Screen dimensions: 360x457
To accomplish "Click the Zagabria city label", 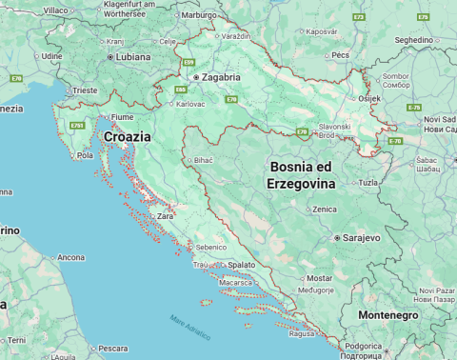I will point(221,77).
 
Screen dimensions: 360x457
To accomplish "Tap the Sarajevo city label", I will point(362,237).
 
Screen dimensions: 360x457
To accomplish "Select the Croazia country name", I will point(127,137).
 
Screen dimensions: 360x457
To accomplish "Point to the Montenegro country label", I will point(387,315).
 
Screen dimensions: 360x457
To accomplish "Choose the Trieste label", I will point(85,90).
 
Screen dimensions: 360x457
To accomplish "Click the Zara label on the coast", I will point(166,216).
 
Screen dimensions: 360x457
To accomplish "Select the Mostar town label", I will point(320,278).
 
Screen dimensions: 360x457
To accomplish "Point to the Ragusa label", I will point(302,334).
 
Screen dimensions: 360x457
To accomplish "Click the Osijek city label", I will point(368,98).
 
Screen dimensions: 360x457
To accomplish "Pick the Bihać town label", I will point(204,161).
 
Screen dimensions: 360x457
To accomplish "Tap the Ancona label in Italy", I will point(71,257).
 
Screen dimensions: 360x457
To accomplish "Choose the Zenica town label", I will point(325,209).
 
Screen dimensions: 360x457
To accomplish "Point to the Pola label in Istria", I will point(85,155).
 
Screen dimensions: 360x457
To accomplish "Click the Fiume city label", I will point(122,116).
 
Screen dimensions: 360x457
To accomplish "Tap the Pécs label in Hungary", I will point(342,55).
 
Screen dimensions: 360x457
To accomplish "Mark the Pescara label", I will point(112,348).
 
